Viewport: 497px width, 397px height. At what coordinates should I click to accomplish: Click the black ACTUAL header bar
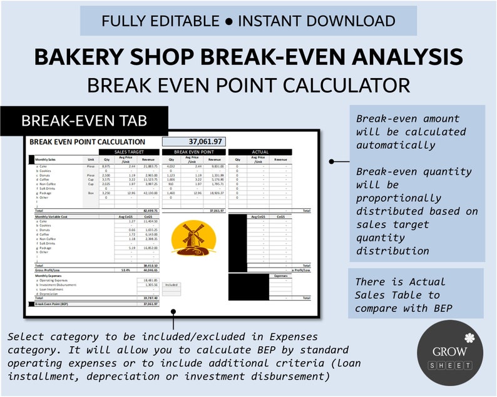260,152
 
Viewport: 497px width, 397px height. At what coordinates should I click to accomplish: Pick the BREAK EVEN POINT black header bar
193,152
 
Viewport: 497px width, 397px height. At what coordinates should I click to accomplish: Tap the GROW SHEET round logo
449,353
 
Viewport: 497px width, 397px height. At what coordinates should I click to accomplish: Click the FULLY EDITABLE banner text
248,21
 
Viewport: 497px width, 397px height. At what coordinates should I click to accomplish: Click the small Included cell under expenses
171,284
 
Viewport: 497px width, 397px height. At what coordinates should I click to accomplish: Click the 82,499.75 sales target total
148,211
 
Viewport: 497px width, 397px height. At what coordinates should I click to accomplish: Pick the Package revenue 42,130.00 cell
148,193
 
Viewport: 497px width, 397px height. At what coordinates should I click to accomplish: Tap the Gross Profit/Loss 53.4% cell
125,269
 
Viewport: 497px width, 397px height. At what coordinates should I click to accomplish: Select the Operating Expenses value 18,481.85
148,280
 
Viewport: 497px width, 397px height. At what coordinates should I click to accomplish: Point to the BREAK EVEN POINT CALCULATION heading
87,142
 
